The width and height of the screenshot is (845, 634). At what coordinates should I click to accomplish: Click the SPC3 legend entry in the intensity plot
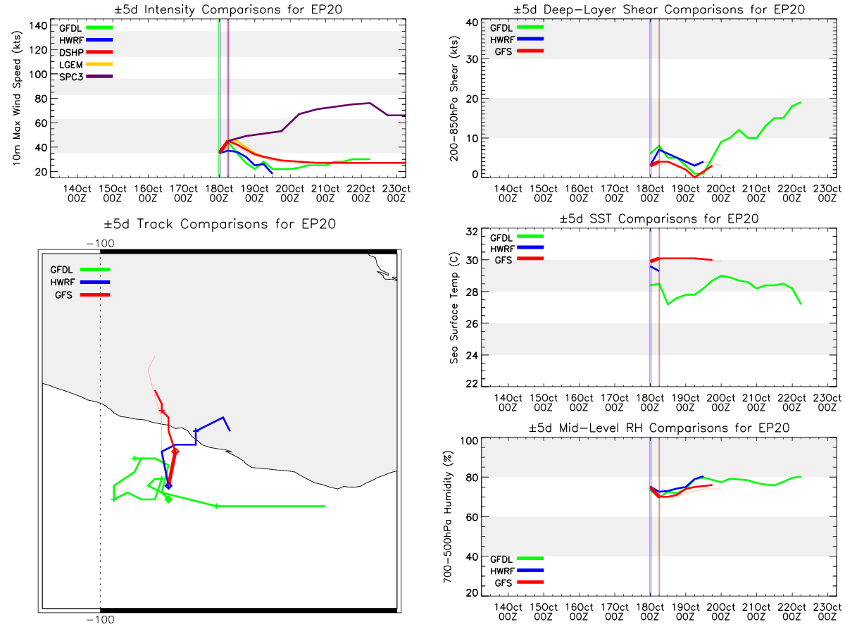coord(85,77)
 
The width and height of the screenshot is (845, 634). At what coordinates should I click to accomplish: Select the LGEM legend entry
coord(85,64)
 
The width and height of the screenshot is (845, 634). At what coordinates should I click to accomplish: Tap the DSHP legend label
coord(71,52)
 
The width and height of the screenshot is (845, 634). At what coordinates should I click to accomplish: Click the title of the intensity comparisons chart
coord(228,9)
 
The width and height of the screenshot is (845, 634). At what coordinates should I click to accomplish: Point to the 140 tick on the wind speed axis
coord(38,26)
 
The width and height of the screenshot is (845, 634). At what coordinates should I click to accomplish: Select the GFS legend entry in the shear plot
coord(518,51)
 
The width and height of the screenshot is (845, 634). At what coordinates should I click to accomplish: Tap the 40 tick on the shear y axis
coord(472,23)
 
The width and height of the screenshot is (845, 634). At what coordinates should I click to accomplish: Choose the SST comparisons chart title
coord(658,218)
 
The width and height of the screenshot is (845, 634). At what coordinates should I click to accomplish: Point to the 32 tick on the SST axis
coord(472,232)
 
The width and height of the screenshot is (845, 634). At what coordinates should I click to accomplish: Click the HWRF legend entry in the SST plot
coord(517,249)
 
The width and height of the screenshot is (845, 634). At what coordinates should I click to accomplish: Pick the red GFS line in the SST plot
coord(681,259)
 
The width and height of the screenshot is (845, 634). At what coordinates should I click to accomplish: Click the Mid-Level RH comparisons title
coord(658,428)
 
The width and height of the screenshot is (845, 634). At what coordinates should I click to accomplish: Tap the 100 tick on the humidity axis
coord(469,441)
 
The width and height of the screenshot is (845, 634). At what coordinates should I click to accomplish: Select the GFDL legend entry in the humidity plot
coord(517,559)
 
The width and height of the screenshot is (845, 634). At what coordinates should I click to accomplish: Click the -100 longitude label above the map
coord(100,244)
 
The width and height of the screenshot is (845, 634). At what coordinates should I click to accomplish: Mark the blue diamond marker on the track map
coord(168,486)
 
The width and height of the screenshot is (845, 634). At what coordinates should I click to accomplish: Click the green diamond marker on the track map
coord(168,499)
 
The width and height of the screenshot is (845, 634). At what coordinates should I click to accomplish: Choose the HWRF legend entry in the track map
coord(80,282)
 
